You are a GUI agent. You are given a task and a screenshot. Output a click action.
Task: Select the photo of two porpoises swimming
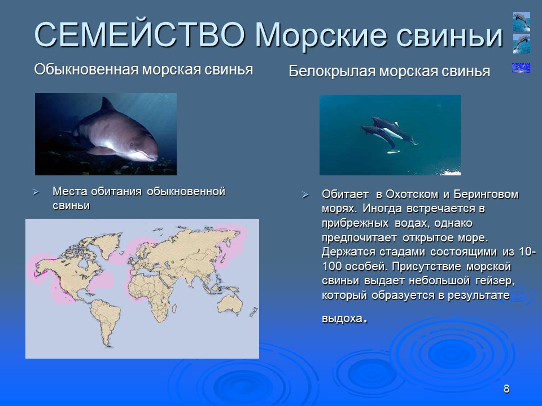(x=390, y=135)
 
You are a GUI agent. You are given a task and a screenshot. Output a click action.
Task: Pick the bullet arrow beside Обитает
(x=305, y=195)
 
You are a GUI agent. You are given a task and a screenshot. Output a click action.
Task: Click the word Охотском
(x=410, y=195)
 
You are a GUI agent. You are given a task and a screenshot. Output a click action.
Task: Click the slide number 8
(x=506, y=389)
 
